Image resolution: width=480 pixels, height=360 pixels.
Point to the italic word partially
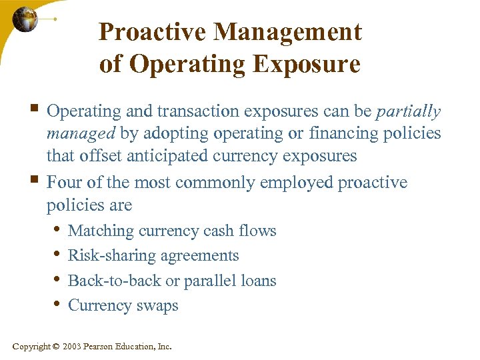click(x=409, y=111)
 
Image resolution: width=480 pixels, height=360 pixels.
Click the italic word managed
click(x=81, y=133)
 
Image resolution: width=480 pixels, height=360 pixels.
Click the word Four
click(x=63, y=182)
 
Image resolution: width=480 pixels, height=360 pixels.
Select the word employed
click(x=298, y=182)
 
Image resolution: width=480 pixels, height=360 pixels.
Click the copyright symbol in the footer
click(x=56, y=346)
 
